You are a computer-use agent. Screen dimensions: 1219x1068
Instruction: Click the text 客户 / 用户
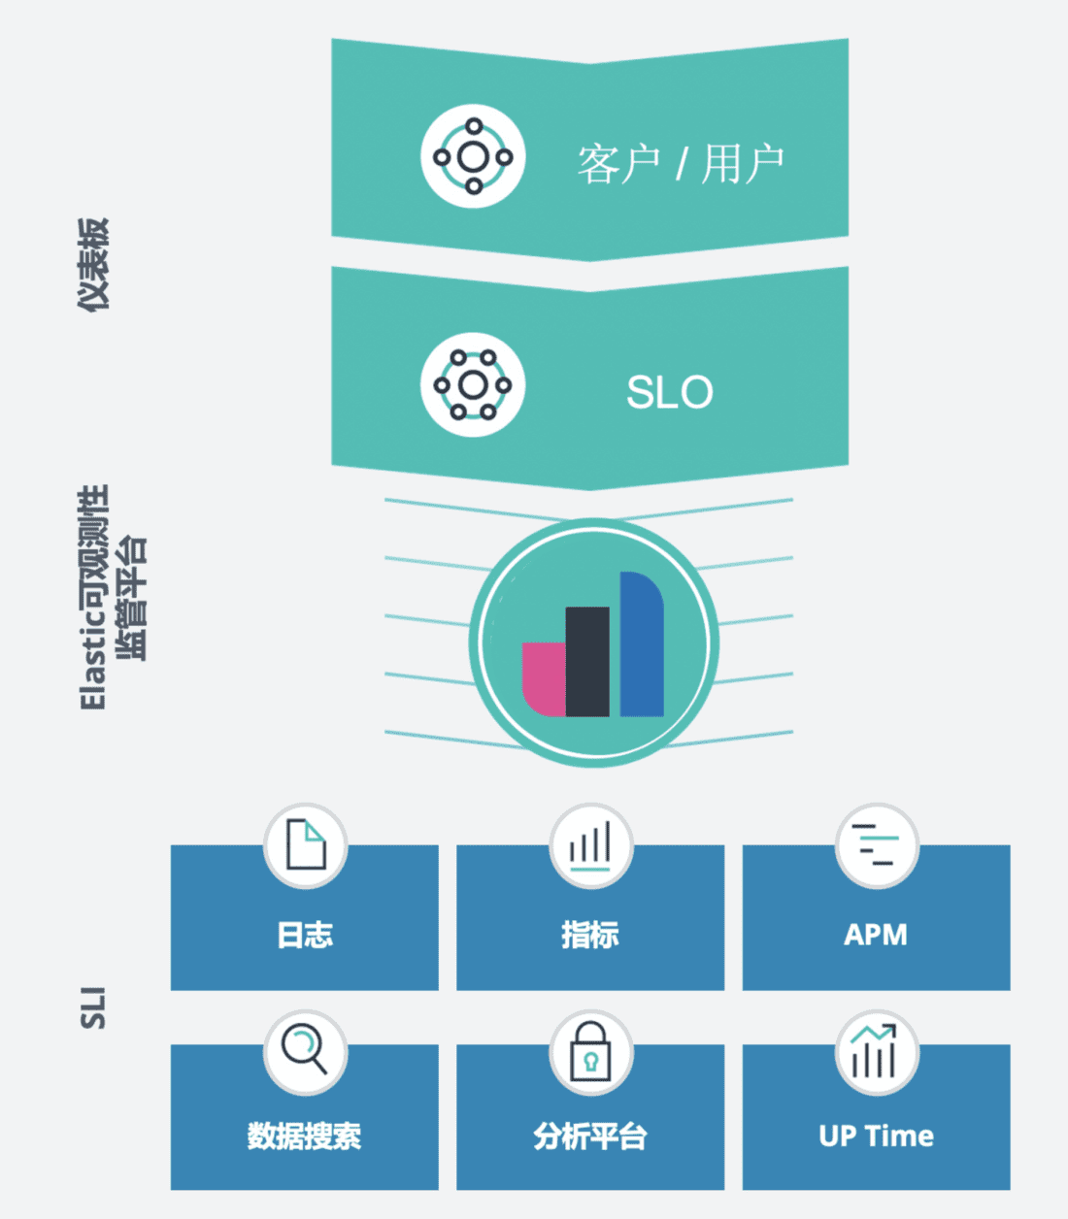[681, 163]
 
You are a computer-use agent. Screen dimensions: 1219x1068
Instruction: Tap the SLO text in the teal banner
[669, 392]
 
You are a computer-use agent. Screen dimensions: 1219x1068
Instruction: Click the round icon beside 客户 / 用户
[473, 156]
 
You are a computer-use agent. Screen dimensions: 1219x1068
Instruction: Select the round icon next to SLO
[473, 385]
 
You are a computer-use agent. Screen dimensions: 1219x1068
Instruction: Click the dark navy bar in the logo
[587, 661]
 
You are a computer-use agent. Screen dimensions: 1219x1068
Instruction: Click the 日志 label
[305, 935]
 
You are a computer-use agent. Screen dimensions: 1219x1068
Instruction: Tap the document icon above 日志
[305, 845]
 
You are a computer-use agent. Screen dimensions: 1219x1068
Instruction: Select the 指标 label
[590, 935]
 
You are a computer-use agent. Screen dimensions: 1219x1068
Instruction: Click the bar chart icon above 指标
[590, 845]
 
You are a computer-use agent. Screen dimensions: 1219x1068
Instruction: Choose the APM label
[876, 935]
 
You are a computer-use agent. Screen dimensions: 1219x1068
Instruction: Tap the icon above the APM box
[876, 845]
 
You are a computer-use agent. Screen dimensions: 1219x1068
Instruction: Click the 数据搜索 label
[305, 1136]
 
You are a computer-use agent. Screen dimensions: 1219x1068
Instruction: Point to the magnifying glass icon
[305, 1051]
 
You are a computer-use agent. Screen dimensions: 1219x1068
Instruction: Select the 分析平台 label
[590, 1136]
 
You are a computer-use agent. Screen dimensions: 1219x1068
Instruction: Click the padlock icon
[590, 1052]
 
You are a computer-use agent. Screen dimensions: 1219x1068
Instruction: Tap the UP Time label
[876, 1136]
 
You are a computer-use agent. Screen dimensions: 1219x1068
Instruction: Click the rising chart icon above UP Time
[876, 1052]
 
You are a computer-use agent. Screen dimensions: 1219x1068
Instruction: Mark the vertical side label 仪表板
[93, 264]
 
